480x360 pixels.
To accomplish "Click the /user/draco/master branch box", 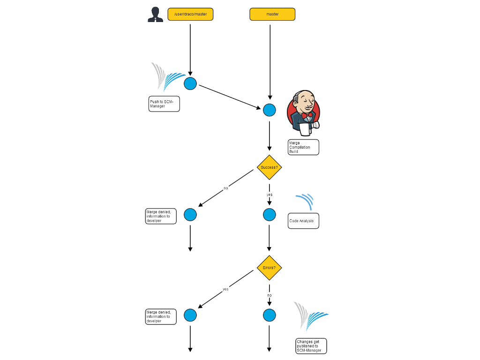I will [x=190, y=15].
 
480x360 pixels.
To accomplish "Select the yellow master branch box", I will [x=272, y=15].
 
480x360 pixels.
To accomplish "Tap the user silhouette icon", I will [x=155, y=15].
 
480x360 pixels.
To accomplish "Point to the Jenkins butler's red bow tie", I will [x=307, y=115].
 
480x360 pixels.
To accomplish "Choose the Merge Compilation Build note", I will [x=303, y=147].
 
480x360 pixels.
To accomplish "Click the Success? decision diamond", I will [x=269, y=167].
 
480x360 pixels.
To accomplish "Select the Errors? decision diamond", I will [x=269, y=268].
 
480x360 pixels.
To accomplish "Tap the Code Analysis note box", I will [x=303, y=221].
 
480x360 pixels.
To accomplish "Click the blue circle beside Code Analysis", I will [x=269, y=215].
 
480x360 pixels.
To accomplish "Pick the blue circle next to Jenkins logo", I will [x=269, y=110].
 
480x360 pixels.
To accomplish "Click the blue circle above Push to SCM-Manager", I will [x=190, y=84].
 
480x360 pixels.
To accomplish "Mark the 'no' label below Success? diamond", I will [x=225, y=188].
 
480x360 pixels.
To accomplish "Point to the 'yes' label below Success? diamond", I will [x=270, y=195].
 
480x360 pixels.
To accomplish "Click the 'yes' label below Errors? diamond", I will [x=225, y=289].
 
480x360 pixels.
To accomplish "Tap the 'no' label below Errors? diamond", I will [x=270, y=295].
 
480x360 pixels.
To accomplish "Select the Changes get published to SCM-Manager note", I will [x=311, y=346].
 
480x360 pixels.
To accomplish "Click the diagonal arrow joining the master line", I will [x=230, y=97].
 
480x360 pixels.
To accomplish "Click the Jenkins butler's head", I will [x=304, y=101].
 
